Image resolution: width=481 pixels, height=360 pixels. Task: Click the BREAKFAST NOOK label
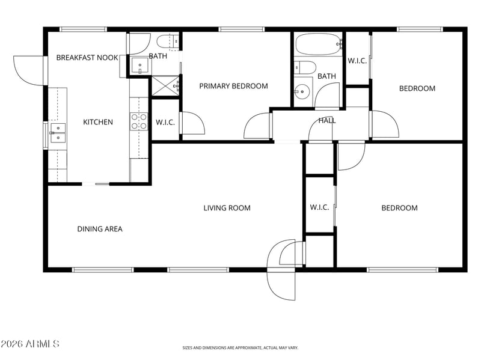87,58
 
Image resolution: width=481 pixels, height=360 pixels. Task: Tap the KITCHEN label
98,122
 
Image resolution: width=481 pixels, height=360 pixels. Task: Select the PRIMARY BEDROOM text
233,86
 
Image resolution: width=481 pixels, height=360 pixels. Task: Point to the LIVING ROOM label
227,208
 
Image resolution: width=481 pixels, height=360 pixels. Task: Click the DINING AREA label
100,229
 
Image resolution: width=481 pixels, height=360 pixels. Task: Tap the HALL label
327,121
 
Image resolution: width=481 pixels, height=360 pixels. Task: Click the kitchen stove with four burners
139,121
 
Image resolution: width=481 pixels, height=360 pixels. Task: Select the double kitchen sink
58,133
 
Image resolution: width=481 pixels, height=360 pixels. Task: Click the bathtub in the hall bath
319,44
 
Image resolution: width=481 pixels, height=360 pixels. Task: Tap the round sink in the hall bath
302,91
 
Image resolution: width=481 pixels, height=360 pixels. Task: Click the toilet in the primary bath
168,41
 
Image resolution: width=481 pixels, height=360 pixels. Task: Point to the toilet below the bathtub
305,67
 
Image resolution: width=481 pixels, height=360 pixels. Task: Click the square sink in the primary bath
140,66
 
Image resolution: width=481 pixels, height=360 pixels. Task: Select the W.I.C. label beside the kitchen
165,123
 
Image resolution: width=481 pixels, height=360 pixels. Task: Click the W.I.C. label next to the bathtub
357,61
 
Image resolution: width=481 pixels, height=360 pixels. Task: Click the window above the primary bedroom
242,29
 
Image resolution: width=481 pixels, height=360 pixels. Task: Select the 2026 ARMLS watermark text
29,344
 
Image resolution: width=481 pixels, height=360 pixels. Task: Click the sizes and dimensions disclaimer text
240,348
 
